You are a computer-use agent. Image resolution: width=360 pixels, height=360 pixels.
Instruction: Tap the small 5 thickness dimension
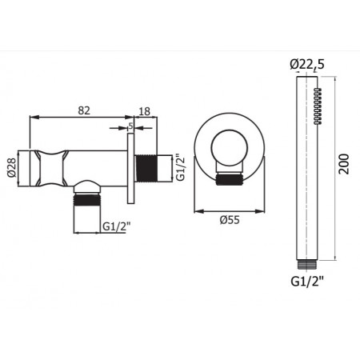tap(131, 125)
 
